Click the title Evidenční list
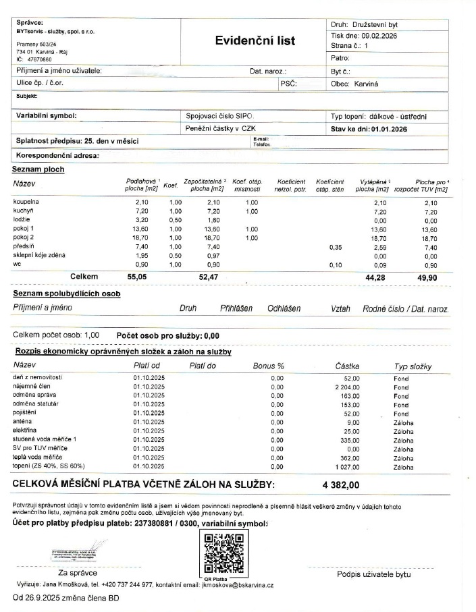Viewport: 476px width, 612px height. pos(255,40)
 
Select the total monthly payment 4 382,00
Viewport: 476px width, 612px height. pos(341,484)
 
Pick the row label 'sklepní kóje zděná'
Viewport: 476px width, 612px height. pos(39,256)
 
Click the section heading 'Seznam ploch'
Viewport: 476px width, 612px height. pos(38,169)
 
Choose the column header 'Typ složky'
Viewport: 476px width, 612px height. pos(413,366)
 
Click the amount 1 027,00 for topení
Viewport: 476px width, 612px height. pos(347,466)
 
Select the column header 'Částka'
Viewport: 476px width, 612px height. pos(348,366)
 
